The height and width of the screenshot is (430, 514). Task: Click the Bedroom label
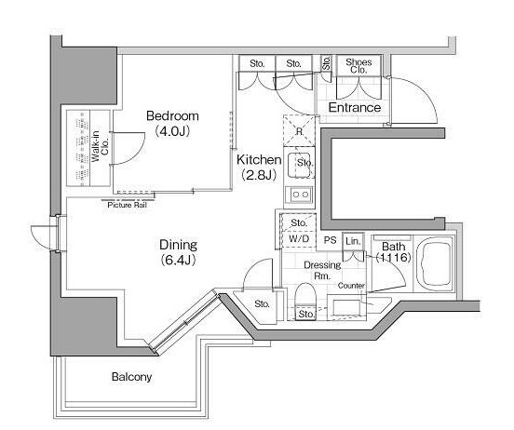click(x=172, y=115)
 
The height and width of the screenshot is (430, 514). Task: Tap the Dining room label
click(x=179, y=245)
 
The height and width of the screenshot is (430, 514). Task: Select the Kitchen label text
click(x=259, y=159)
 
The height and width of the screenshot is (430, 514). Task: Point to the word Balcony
click(x=131, y=377)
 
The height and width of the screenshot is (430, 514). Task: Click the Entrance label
click(x=355, y=108)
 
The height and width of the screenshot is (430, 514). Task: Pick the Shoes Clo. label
click(x=358, y=66)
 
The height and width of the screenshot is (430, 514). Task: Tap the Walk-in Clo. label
click(x=100, y=146)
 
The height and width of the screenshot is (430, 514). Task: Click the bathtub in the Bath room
click(x=435, y=262)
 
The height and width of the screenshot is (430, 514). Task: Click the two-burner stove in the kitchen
click(x=300, y=195)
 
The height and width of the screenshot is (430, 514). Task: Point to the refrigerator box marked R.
click(x=299, y=131)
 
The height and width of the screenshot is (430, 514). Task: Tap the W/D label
click(x=299, y=238)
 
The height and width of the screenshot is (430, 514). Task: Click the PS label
click(x=331, y=240)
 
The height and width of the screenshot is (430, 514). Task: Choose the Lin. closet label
click(x=353, y=241)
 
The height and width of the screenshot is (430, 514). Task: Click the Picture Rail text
click(x=128, y=205)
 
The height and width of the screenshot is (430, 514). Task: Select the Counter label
click(x=351, y=286)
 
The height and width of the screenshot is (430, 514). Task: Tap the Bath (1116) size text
click(x=393, y=251)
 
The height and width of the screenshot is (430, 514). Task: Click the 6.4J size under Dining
click(x=179, y=261)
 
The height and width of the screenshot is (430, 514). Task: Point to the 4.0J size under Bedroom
click(x=172, y=131)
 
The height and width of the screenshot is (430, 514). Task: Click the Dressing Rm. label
click(x=322, y=271)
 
